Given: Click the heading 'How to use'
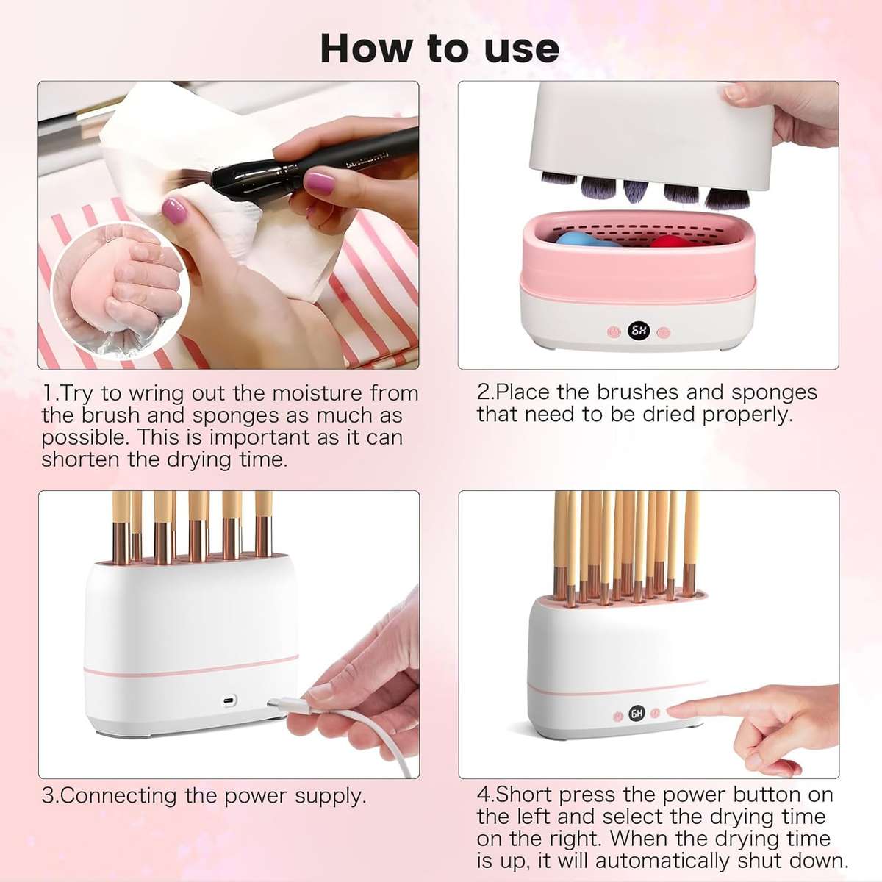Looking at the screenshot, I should [440, 49].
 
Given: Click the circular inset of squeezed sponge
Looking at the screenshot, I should [122, 290].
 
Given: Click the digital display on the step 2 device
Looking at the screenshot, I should [639, 331].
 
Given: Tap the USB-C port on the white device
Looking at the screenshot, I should [227, 699].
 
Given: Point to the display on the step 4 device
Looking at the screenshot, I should [637, 713].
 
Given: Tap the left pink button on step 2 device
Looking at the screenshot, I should [614, 332].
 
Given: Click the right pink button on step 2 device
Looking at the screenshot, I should [664, 332].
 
